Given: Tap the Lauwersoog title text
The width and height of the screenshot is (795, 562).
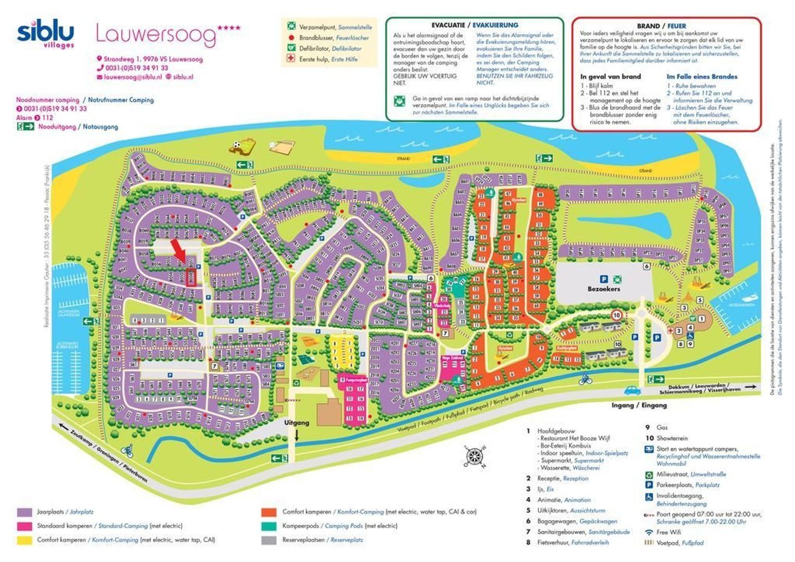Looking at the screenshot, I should (156, 34).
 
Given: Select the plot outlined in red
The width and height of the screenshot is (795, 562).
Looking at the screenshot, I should (191, 277).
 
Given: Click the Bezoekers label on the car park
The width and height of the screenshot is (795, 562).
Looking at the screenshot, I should (604, 289).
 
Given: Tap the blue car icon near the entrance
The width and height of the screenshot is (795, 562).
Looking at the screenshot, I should (631, 389).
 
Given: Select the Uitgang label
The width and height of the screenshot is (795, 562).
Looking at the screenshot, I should (297, 423).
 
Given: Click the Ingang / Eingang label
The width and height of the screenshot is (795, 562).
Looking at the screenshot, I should (639, 405).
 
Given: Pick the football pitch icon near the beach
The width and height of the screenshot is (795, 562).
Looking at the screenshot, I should (242, 147).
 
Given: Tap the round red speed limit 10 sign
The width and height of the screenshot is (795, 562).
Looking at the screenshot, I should (617, 315).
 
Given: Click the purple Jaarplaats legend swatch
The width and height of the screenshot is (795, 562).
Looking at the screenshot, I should (24, 512).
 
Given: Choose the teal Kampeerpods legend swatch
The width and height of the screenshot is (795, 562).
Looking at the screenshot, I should (268, 526).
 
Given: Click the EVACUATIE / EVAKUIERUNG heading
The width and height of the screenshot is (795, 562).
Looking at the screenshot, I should (475, 25).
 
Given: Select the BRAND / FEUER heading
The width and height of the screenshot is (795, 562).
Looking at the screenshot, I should (661, 26).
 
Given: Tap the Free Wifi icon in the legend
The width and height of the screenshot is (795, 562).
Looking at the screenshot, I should (649, 532).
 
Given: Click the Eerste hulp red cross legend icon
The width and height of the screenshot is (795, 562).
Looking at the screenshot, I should (291, 59).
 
